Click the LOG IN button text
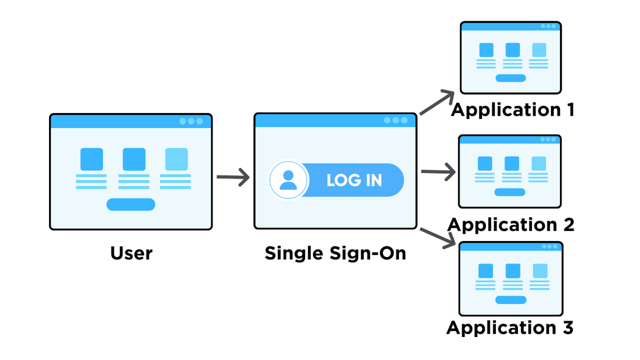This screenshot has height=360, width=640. [354, 180]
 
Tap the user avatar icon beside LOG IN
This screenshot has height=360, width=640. [289, 180]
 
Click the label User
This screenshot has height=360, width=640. [131, 253]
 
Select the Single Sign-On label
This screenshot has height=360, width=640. [335, 253]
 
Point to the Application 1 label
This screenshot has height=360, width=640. [513, 110]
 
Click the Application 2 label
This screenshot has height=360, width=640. [511, 225]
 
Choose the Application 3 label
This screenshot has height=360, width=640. [510, 327]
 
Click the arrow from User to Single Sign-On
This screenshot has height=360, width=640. [233, 177]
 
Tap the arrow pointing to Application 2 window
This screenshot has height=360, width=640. [438, 172]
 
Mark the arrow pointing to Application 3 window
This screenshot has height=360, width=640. [438, 238]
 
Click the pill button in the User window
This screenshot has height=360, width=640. [131, 204]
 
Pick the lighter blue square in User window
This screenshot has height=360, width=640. [176, 159]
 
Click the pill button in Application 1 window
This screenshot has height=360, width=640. [510, 78]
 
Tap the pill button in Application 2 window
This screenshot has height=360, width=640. [509, 192]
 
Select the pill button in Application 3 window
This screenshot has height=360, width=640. [510, 300]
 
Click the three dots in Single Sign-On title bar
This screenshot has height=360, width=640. [395, 121]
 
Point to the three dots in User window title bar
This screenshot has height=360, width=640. [191, 121]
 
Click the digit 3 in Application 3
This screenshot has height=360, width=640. [567, 327]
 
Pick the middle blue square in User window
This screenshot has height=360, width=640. [134, 159]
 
